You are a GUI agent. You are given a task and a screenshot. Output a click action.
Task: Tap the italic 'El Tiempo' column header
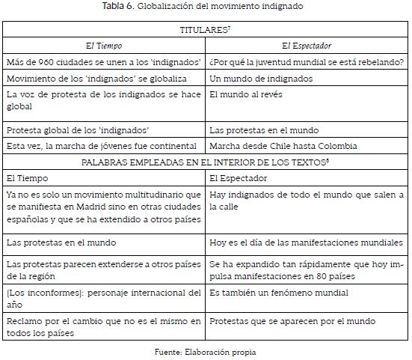coord(104,46)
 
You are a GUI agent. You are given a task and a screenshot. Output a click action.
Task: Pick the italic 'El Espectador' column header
coord(308,46)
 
